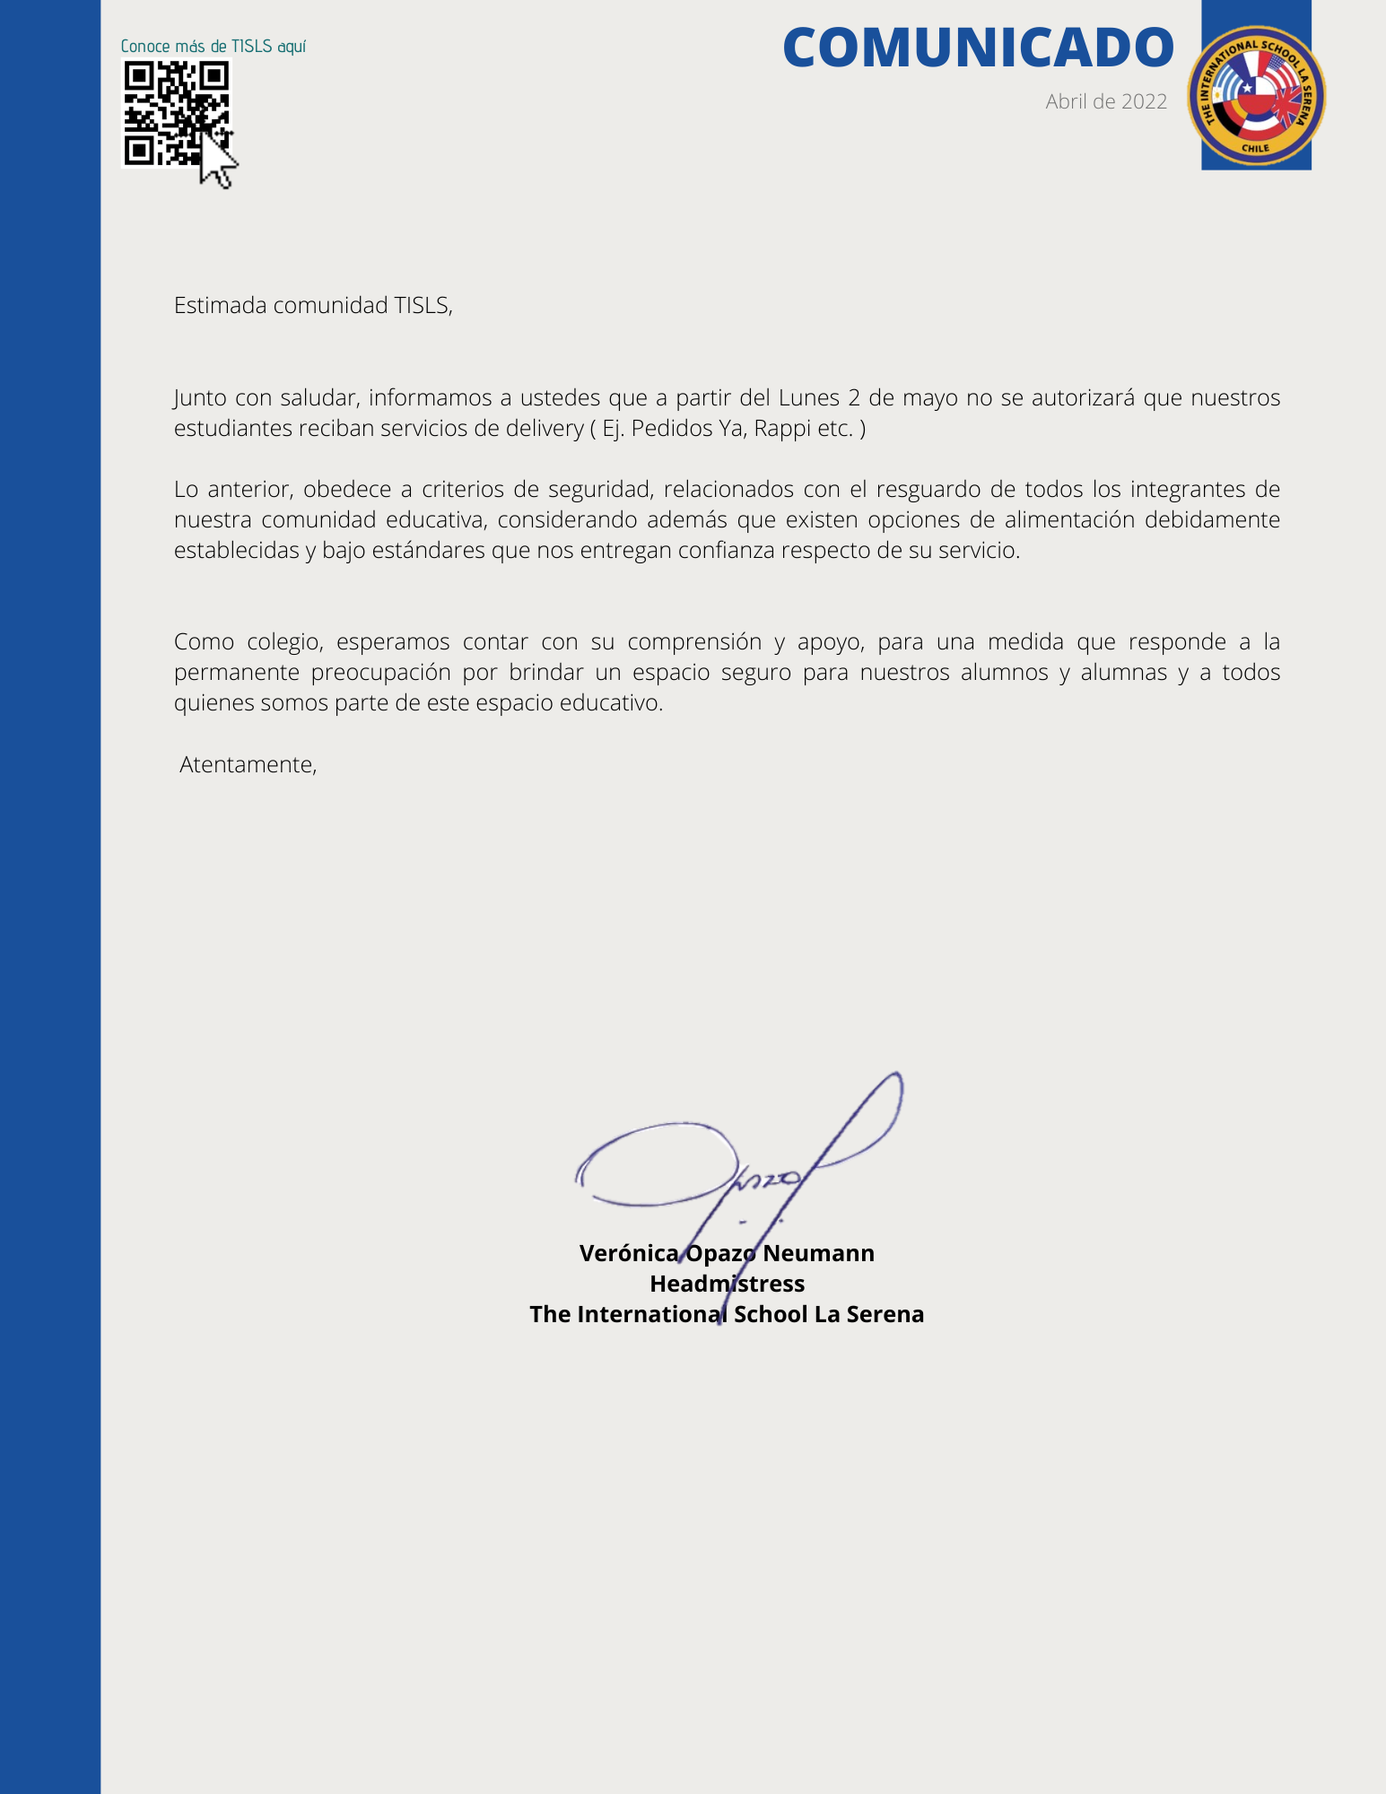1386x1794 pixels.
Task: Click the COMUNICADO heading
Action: coord(978,48)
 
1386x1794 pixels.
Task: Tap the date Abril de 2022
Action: coord(1105,101)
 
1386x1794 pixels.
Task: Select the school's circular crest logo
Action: coord(1256,96)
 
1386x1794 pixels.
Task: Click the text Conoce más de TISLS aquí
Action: coord(214,47)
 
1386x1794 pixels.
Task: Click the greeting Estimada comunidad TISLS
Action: coord(313,305)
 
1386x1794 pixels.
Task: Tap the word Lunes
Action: coord(809,397)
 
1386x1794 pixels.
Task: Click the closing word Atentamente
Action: coord(248,764)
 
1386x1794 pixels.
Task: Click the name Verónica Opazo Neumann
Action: coord(727,1253)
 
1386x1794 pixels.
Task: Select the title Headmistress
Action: coord(727,1284)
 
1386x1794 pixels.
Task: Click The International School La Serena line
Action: coord(727,1314)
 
